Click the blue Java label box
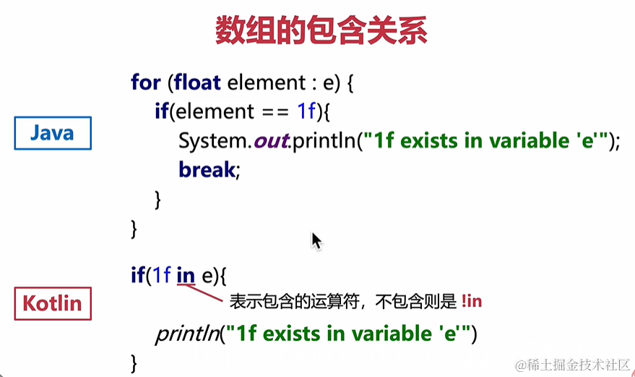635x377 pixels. tap(53, 133)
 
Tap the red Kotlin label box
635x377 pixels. tap(53, 302)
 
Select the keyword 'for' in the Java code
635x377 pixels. tap(145, 82)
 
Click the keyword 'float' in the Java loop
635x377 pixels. tap(197, 82)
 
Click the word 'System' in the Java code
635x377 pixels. tap(215, 140)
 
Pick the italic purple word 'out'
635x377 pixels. tap(270, 140)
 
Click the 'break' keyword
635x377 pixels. tap(207, 169)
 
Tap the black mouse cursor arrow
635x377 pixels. tap(316, 240)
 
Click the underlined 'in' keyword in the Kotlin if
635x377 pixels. tap(186, 276)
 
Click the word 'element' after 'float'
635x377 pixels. tap(261, 82)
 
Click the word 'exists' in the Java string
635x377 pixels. tap(429, 140)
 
